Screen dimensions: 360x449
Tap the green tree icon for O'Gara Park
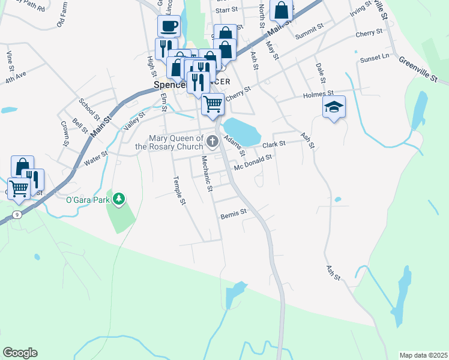point(119,198)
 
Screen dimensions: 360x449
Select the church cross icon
point(212,142)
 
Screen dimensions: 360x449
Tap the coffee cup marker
point(169,26)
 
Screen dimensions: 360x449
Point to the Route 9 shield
point(17,214)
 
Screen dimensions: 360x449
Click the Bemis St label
point(234,213)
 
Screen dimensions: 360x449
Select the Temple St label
point(179,190)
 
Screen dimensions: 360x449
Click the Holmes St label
point(318,94)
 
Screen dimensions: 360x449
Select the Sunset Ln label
point(375,58)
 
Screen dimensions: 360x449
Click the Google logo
point(20,353)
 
